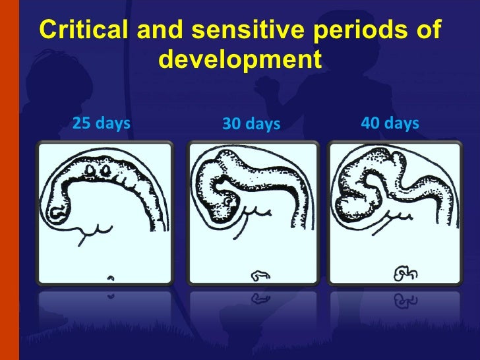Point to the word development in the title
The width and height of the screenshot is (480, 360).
tap(240, 60)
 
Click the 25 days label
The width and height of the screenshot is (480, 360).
tap(101, 123)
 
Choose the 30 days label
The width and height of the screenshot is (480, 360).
tap(251, 124)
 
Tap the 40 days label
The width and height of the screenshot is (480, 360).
tap(390, 123)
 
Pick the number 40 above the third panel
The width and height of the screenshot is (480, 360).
tap(372, 123)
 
